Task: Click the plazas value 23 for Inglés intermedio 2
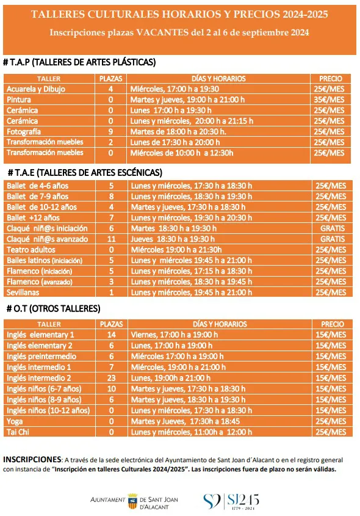pyautogui.click(x=111, y=378)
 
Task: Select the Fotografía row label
pyautogui.click(x=24, y=131)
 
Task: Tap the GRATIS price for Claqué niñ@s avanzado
pyautogui.click(x=332, y=239)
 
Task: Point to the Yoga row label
pyautogui.click(x=14, y=421)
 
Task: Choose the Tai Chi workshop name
pyautogui.click(x=18, y=432)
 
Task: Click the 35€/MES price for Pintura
pyautogui.click(x=329, y=100)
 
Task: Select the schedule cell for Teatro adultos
pyautogui.click(x=175, y=249)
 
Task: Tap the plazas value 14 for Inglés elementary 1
pyautogui.click(x=111, y=335)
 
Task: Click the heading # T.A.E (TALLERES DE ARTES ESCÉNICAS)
pyautogui.click(x=85, y=172)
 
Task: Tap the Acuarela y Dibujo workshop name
pyautogui.click(x=36, y=89)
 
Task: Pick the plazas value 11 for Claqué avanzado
pyautogui.click(x=111, y=239)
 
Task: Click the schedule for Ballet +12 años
pyautogui.click(x=190, y=217)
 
